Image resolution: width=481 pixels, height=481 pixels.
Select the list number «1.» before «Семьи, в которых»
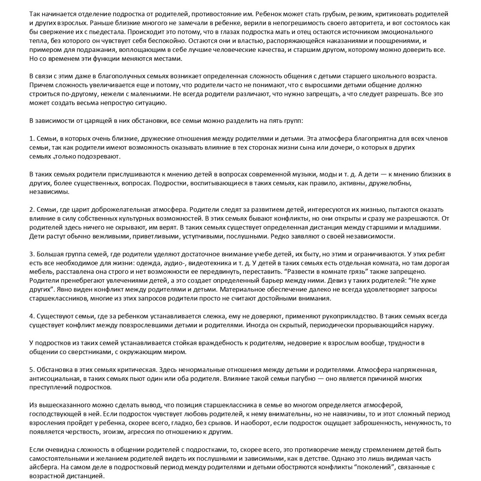coord(32,138)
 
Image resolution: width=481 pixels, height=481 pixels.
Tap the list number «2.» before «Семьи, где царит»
coord(32,209)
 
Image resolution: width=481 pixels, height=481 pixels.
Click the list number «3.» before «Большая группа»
coord(32,254)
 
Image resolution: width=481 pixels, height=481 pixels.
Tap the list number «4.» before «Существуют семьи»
coord(32,316)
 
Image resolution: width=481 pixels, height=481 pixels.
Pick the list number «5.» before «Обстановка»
coord(32,369)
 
